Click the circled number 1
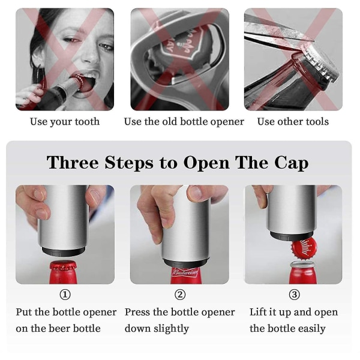tap(65, 295)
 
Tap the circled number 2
tap(180, 295)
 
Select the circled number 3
tap(295, 295)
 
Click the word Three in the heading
tap(73, 163)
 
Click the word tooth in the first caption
tap(87, 121)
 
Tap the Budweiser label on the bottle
tap(185, 272)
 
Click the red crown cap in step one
tap(64, 266)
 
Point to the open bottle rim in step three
tap(303, 264)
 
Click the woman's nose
tap(91, 54)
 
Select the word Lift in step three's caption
tap(257, 312)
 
